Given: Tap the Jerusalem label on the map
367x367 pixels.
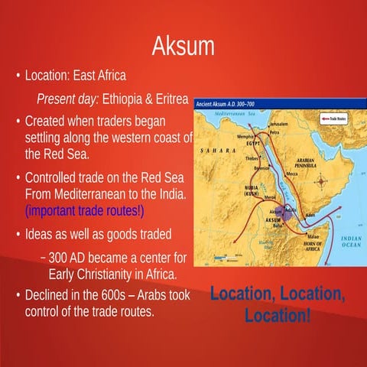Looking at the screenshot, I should (282, 124).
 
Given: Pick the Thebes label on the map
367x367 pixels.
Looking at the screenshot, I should (252, 158).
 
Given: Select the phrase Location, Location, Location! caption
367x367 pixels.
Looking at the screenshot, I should (278, 304).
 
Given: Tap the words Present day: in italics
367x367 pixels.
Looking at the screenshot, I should (68, 101).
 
